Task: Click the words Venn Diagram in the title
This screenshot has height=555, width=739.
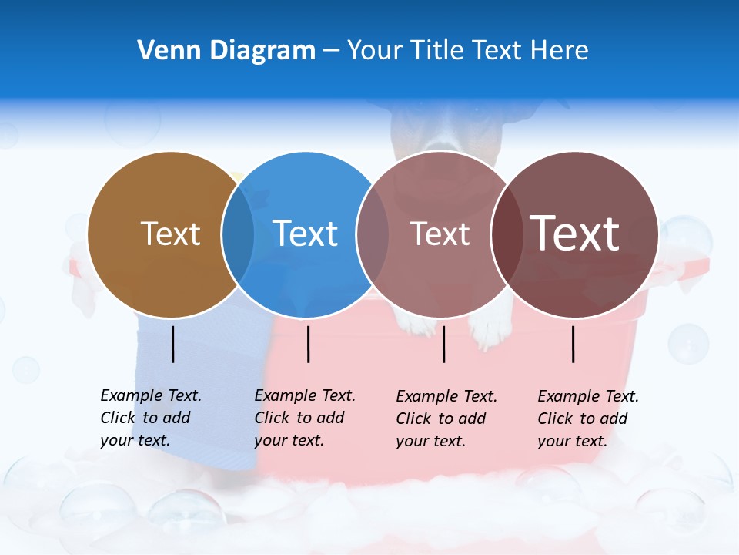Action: (x=226, y=51)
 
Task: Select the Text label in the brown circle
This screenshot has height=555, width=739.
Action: (x=170, y=234)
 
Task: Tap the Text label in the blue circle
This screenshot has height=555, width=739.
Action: (x=305, y=234)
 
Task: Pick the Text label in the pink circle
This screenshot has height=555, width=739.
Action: (x=440, y=234)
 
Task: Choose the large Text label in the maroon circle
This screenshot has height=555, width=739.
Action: (x=574, y=233)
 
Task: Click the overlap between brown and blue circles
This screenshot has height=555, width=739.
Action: (x=238, y=234)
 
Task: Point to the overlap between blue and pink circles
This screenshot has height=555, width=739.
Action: (x=373, y=234)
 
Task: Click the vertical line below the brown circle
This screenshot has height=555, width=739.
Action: (x=172, y=344)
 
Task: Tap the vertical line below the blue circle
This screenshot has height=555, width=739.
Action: (x=308, y=344)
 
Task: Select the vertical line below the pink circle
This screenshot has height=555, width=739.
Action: (x=443, y=344)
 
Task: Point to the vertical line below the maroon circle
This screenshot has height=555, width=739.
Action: (x=573, y=344)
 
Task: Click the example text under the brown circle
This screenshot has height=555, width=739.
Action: (x=151, y=418)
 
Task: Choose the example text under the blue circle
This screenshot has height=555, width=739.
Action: (x=305, y=418)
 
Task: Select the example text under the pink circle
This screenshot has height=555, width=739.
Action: (x=446, y=419)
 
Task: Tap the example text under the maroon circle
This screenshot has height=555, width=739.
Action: (x=588, y=419)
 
